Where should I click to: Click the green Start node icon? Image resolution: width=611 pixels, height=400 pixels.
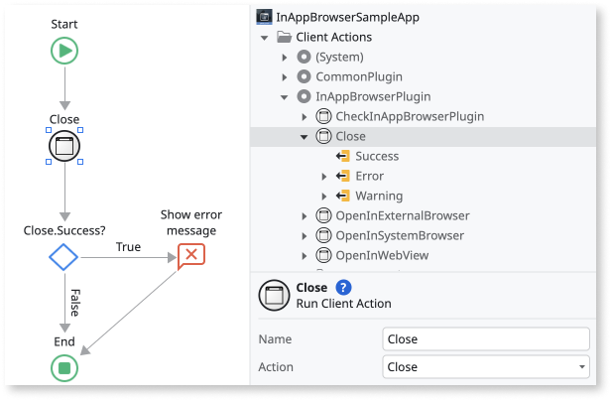[64, 52]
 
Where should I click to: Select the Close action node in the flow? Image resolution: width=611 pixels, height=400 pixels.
[64, 146]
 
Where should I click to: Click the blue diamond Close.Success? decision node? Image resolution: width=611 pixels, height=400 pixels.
[63, 258]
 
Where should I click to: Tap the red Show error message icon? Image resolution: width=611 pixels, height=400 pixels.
[191, 255]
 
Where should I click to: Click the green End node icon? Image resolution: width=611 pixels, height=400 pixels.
[64, 368]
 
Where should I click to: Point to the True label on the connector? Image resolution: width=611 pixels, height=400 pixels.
[128, 247]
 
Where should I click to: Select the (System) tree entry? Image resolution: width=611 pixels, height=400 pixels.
[339, 57]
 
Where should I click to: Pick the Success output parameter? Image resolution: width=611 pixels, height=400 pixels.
[376, 156]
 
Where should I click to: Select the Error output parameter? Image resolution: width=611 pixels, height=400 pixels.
[369, 176]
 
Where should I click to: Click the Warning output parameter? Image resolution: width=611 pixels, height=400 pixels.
[379, 196]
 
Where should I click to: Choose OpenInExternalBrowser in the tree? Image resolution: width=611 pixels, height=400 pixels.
[403, 215]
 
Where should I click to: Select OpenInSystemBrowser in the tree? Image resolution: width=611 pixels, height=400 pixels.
[400, 235]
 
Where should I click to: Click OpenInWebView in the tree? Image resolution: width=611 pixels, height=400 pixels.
[382, 255]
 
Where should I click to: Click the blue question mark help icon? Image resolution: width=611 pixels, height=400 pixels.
[343, 288]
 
